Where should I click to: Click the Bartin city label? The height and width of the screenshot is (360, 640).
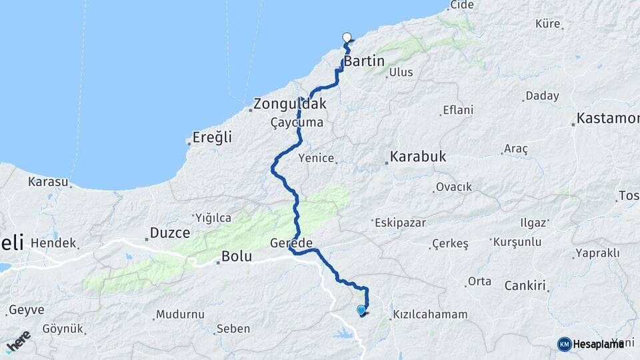(364, 61)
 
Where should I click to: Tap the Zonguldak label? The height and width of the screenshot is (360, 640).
(290, 105)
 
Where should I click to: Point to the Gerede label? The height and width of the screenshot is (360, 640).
(291, 243)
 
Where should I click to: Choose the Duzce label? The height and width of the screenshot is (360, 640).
(170, 233)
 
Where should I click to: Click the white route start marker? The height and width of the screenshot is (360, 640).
(347, 37)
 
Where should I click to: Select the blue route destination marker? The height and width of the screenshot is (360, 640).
(361, 309)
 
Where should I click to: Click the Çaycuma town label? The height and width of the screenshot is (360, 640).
(297, 123)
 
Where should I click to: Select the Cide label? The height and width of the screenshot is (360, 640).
(462, 5)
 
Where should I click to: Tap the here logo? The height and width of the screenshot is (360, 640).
(18, 339)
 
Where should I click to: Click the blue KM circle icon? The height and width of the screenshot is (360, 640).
(564, 344)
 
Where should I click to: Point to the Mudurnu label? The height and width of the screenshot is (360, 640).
(179, 314)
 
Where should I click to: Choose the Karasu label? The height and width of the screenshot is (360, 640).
(48, 181)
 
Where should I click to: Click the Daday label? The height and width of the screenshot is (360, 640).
(542, 96)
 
